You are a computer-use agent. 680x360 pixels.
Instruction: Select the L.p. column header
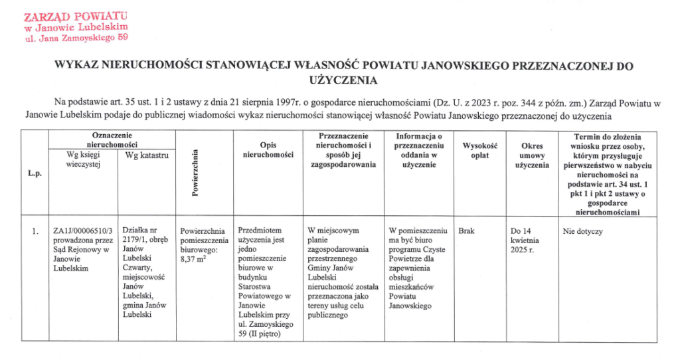click(35, 174)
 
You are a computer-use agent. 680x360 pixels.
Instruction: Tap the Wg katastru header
click(144, 155)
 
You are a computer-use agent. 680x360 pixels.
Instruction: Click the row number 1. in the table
click(35, 232)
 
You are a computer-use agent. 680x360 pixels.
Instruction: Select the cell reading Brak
click(466, 232)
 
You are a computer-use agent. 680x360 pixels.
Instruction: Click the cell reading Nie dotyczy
click(582, 232)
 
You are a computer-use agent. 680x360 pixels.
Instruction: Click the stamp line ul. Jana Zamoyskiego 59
click(76, 39)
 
